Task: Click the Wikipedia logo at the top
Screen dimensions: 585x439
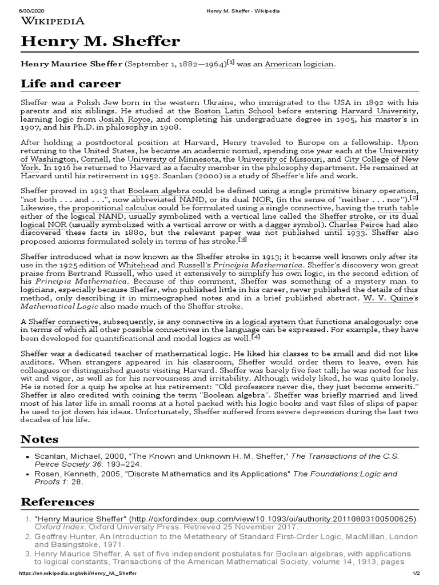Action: pos(53,21)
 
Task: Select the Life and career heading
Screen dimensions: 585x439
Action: pos(71,84)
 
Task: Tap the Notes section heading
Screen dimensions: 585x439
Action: pos(39,439)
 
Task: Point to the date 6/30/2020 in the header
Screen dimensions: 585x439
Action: pos(17,5)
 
